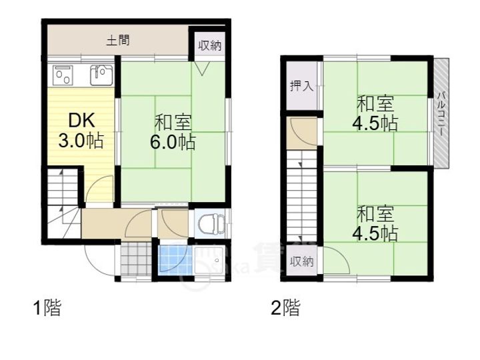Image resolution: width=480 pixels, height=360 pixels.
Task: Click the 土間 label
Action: pyautogui.click(x=118, y=41)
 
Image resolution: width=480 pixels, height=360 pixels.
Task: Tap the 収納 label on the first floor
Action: pyautogui.click(x=210, y=46)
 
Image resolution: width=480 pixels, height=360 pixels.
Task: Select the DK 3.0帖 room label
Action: pyautogui.click(x=81, y=130)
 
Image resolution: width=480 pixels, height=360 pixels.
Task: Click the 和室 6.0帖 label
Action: pyautogui.click(x=173, y=132)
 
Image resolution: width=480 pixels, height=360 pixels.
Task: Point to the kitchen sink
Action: pyautogui.click(x=101, y=75)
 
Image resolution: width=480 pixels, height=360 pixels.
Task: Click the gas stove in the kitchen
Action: pyautogui.click(x=63, y=75)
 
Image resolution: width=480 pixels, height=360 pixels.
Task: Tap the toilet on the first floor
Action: pyautogui.click(x=211, y=223)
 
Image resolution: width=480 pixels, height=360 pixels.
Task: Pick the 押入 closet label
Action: pyautogui.click(x=302, y=86)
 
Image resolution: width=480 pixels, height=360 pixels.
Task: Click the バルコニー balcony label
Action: pyautogui.click(x=441, y=113)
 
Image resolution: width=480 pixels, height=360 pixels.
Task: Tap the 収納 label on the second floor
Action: pyautogui.click(x=302, y=262)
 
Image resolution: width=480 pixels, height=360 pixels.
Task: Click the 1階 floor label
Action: pyautogui.click(x=47, y=307)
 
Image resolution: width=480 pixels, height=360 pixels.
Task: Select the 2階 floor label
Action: pyautogui.click(x=286, y=307)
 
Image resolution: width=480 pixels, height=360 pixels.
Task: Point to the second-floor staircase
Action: pyautogui.click(x=301, y=196)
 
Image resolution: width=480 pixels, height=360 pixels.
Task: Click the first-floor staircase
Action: pyautogui.click(x=63, y=203)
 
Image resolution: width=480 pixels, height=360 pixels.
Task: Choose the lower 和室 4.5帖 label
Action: pyautogui.click(x=375, y=223)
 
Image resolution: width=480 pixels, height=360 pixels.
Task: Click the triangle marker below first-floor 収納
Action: pyautogui.click(x=203, y=69)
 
